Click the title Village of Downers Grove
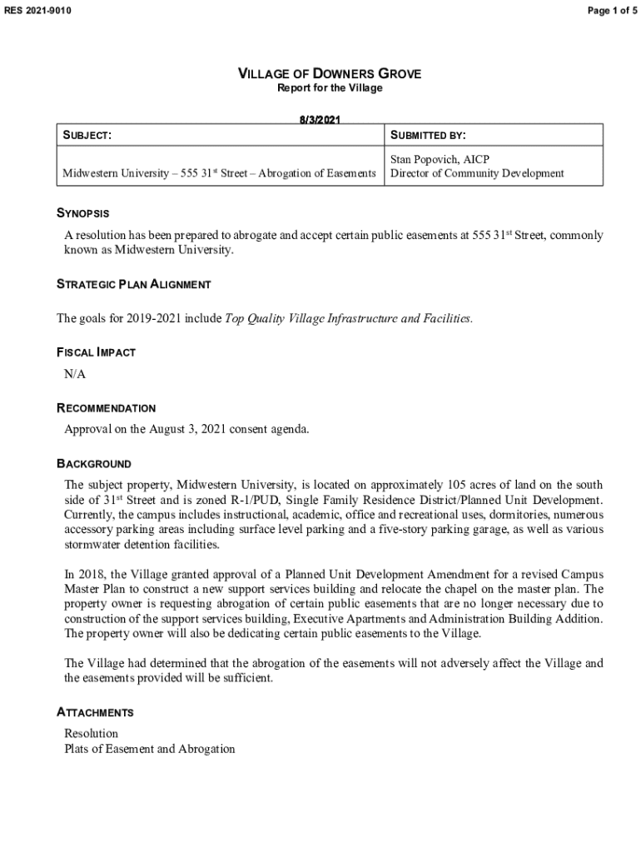pyautogui.click(x=330, y=74)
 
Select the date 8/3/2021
pyautogui.click(x=320, y=120)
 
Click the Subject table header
pyautogui.click(x=87, y=135)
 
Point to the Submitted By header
pyautogui.click(x=428, y=135)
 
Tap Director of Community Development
pyautogui.click(x=477, y=173)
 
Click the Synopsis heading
pyautogui.click(x=82, y=214)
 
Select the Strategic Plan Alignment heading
pyautogui.click(x=133, y=284)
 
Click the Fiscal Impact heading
pyautogui.click(x=96, y=352)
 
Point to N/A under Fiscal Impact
pyautogui.click(x=75, y=374)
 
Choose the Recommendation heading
pyautogui.click(x=106, y=408)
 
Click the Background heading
pyautogui.click(x=93, y=463)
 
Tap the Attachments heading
pyautogui.click(x=95, y=712)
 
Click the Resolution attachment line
pyautogui.click(x=92, y=733)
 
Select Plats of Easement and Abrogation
pyautogui.click(x=150, y=749)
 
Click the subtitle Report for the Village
pyautogui.click(x=330, y=88)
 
